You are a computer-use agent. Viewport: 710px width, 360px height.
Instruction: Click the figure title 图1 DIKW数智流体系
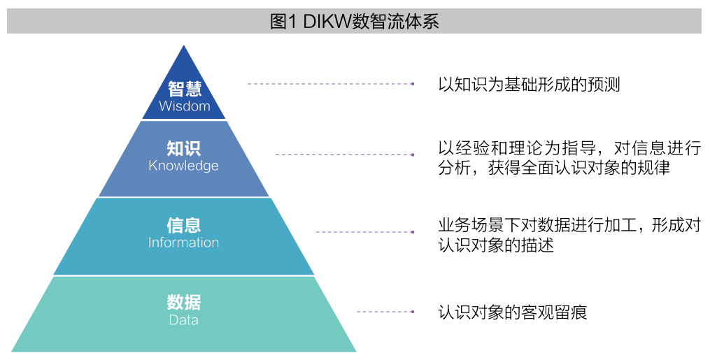click(x=354, y=21)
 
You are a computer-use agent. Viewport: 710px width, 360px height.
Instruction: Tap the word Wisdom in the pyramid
click(x=184, y=106)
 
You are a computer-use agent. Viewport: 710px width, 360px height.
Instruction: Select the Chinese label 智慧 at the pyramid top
click(x=184, y=89)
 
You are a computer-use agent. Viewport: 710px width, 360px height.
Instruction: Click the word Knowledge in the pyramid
click(x=183, y=166)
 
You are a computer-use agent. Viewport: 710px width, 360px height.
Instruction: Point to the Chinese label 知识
click(x=183, y=148)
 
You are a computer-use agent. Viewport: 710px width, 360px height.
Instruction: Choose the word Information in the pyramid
click(x=183, y=243)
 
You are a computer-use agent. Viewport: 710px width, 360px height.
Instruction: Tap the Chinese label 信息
click(x=183, y=225)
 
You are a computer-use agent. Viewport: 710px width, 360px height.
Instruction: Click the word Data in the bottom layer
click(x=183, y=320)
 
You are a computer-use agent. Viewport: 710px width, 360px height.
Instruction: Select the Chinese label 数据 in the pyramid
click(x=183, y=303)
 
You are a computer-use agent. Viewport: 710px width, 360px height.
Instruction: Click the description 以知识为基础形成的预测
click(x=529, y=85)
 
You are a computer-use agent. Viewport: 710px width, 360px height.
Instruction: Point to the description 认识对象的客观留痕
click(x=512, y=312)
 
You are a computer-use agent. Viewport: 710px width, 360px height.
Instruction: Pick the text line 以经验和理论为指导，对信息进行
click(x=569, y=148)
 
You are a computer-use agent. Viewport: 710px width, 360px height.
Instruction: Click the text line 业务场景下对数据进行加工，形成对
click(x=569, y=225)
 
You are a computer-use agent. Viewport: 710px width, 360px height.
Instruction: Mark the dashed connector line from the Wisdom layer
click(x=330, y=84)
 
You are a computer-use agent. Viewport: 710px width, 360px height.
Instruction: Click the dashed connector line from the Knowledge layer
click(x=344, y=154)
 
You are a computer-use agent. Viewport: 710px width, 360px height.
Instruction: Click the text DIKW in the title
click(x=327, y=21)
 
